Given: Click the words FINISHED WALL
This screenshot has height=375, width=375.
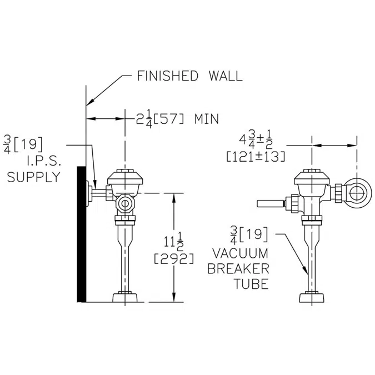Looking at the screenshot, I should (189, 76).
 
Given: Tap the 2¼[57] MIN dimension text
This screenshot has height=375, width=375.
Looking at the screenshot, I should (177, 118).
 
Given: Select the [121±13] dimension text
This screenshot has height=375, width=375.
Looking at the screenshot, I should (256, 157).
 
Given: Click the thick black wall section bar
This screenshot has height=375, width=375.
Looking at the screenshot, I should (81, 233).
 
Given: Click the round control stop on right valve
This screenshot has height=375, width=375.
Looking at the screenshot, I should (356, 193).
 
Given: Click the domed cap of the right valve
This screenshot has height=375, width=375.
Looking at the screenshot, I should (312, 178).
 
